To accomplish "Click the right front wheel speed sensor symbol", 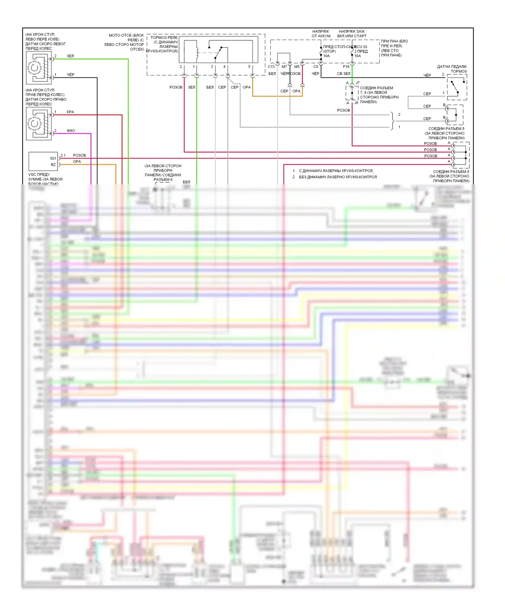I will (39, 124).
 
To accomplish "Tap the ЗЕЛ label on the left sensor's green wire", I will (70, 56).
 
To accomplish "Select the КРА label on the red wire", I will (70, 112).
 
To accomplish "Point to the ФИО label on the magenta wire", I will (71, 131).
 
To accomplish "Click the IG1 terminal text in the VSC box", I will (53, 158).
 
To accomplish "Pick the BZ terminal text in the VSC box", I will (53, 165).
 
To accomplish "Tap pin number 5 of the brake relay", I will (249, 67).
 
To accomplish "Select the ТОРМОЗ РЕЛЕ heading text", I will (164, 38).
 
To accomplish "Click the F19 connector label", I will (346, 67).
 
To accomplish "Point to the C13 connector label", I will (271, 67).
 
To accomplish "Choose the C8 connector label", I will (315, 67).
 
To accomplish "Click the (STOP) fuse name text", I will (330, 51).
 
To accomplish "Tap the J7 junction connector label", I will (358, 83).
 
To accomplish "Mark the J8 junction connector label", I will (356, 103).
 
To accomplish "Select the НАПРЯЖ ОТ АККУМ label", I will (321, 34).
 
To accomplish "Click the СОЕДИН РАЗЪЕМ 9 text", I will (451, 172).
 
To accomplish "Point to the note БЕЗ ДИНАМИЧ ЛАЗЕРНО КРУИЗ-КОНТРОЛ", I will (338, 177).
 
